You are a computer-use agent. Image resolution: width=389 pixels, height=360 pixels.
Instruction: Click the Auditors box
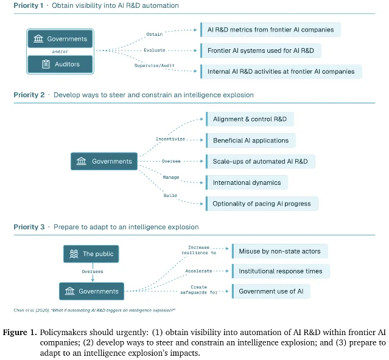click(x=60, y=64)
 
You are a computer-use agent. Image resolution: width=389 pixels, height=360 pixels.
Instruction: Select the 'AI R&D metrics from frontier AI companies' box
click(x=271, y=30)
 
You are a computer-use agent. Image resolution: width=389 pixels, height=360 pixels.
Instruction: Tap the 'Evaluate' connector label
click(x=154, y=50)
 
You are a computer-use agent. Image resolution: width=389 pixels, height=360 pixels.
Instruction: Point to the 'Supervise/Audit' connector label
click(x=154, y=66)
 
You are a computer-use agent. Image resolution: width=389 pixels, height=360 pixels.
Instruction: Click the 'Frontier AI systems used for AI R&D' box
click(x=261, y=50)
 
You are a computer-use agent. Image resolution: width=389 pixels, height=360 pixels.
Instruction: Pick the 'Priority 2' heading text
click(x=29, y=95)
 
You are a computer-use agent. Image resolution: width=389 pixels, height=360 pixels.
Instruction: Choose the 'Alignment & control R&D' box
click(x=250, y=119)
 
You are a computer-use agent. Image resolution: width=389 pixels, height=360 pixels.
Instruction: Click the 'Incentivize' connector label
click(x=170, y=139)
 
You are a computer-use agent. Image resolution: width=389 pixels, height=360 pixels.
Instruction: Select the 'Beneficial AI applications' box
click(x=251, y=140)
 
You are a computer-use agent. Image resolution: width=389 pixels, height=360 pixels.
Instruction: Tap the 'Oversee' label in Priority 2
click(x=171, y=161)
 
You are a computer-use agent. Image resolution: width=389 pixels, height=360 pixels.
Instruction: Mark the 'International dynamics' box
click(x=247, y=182)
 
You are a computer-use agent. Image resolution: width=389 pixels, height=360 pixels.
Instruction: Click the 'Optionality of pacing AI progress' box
click(x=262, y=204)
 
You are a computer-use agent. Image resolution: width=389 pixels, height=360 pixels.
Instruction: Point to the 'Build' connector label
click(x=170, y=195)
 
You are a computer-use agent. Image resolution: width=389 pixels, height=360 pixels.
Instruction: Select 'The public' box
click(x=91, y=254)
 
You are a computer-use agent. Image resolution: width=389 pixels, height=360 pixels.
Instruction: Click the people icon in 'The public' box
click(x=74, y=254)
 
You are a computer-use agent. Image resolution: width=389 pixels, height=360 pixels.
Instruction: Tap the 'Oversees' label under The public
click(x=93, y=272)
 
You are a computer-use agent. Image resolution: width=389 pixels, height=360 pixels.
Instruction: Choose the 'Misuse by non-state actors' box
click(x=280, y=251)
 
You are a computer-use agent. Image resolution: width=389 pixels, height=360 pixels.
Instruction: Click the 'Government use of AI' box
click(x=271, y=291)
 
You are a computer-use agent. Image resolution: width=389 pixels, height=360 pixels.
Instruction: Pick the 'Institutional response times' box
click(x=281, y=271)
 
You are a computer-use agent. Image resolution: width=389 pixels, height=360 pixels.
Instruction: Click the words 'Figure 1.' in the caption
click(x=20, y=332)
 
